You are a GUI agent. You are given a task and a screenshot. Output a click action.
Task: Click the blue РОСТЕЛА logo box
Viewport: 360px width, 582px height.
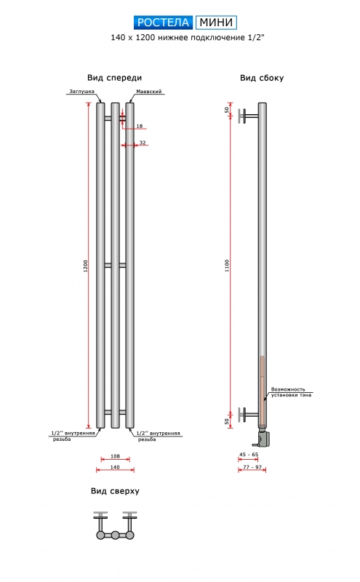pos(164,23)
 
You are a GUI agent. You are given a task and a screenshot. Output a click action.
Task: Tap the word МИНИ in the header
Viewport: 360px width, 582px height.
pos(216,23)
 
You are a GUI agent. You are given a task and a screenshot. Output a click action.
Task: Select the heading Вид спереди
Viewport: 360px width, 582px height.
pos(114,78)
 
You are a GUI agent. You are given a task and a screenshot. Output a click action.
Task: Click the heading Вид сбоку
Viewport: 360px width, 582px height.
pos(262,78)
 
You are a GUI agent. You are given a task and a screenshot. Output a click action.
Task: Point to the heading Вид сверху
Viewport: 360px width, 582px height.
pos(115,491)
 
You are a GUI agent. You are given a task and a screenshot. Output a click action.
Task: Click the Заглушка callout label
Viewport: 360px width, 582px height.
pos(82,92)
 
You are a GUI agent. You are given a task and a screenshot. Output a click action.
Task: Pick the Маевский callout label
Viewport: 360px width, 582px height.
pos(149,92)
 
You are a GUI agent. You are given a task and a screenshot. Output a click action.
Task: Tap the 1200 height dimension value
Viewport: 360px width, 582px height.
pos(86,266)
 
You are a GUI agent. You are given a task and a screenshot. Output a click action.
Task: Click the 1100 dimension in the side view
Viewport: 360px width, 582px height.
pos(227,266)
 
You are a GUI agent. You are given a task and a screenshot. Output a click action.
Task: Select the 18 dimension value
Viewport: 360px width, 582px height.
pos(140,126)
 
